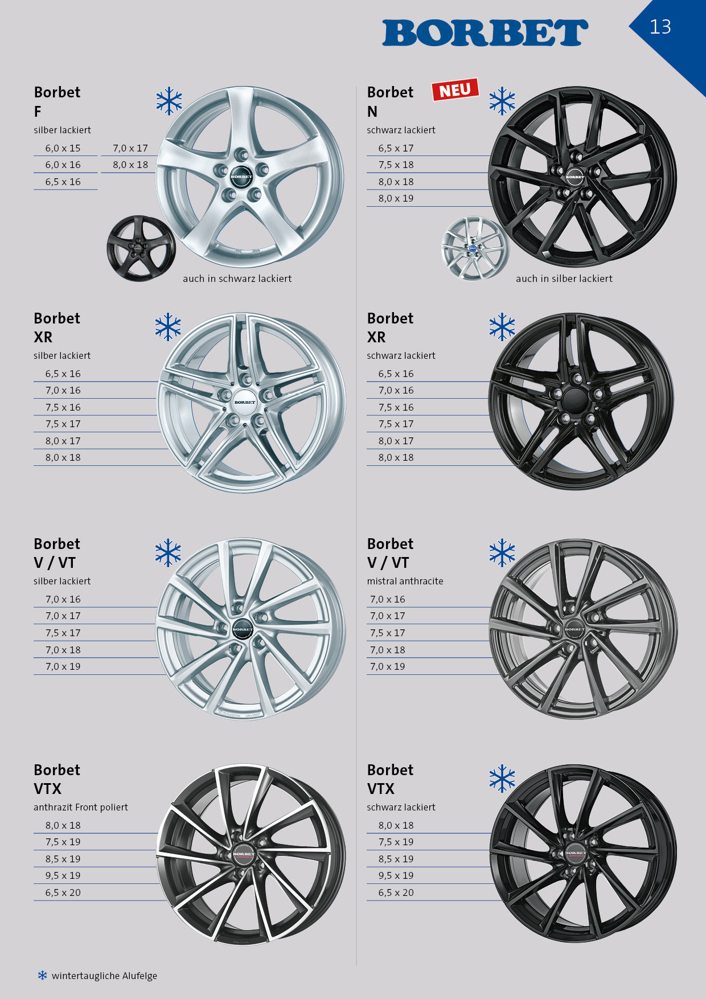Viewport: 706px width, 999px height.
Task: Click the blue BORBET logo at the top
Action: pyautogui.click(x=485, y=32)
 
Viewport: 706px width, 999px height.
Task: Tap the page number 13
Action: pyautogui.click(x=660, y=27)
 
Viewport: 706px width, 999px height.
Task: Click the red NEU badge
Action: pyautogui.click(x=455, y=89)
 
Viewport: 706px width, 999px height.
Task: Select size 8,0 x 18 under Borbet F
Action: pyautogui.click(x=130, y=165)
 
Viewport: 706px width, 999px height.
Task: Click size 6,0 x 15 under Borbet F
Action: pyautogui.click(x=63, y=148)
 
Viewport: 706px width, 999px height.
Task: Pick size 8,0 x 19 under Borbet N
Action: pyautogui.click(x=396, y=198)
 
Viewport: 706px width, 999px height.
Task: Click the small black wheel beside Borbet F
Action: pyautogui.click(x=141, y=248)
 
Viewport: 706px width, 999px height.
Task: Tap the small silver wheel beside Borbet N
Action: pyautogui.click(x=474, y=248)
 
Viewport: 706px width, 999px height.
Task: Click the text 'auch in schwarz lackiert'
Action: pyautogui.click(x=237, y=279)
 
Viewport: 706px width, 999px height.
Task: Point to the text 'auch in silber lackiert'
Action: pyautogui.click(x=564, y=279)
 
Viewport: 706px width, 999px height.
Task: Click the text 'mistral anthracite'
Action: pyautogui.click(x=405, y=581)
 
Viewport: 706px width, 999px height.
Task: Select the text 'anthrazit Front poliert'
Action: pyautogui.click(x=81, y=807)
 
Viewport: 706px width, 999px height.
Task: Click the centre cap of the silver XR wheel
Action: pyautogui.click(x=245, y=402)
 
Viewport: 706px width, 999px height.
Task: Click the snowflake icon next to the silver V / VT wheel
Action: pyautogui.click(x=169, y=552)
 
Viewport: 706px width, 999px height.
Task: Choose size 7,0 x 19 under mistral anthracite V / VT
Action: pyautogui.click(x=388, y=666)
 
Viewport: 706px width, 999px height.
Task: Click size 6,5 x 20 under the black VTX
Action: pyautogui.click(x=396, y=892)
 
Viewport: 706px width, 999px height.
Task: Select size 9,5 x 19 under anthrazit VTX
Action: pyautogui.click(x=63, y=875)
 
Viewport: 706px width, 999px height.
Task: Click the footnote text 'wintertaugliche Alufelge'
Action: pyautogui.click(x=104, y=976)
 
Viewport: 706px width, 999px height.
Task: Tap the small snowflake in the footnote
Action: pyautogui.click(x=42, y=975)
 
